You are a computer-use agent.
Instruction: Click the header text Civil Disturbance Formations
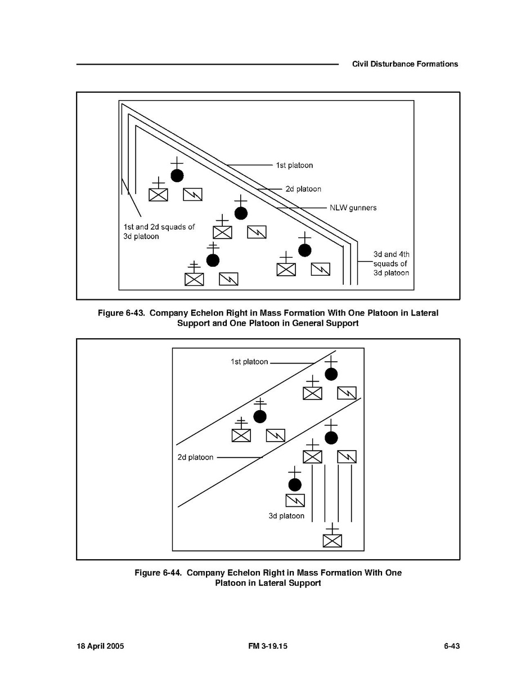click(x=405, y=64)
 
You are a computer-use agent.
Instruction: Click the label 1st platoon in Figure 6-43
click(x=294, y=165)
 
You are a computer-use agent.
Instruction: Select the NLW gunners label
click(x=353, y=208)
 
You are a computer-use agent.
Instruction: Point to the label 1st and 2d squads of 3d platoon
click(x=159, y=232)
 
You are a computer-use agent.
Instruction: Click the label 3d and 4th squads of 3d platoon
click(x=391, y=263)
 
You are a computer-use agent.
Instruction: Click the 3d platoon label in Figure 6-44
click(x=286, y=516)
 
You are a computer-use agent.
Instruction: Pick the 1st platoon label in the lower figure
click(x=249, y=362)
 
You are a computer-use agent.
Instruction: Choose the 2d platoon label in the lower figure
click(x=195, y=457)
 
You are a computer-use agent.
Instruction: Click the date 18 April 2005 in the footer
click(x=100, y=646)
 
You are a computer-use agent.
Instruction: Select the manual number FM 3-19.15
click(x=267, y=646)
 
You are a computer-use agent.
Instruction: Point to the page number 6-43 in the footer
click(x=452, y=646)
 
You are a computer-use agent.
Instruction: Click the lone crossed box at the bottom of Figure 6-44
click(x=333, y=540)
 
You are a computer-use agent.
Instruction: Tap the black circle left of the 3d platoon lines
click(x=294, y=484)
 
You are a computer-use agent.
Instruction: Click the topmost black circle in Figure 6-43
click(x=177, y=176)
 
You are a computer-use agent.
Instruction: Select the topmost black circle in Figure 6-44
click(x=331, y=374)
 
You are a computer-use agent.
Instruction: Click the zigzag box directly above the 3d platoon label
click(x=295, y=500)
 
